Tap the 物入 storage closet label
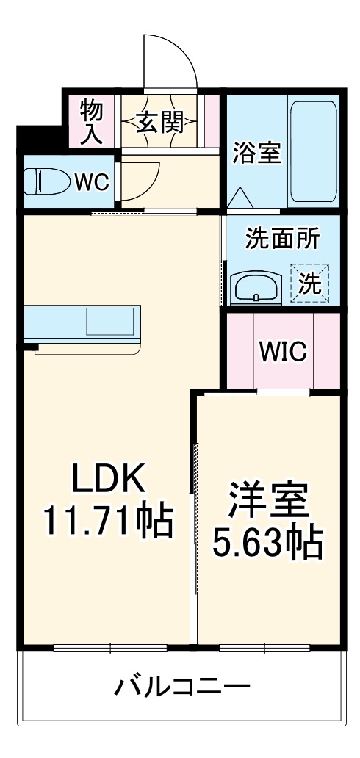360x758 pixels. point(92,121)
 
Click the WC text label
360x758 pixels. point(93,181)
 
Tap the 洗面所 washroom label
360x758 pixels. point(283,239)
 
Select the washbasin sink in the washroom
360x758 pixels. point(256,287)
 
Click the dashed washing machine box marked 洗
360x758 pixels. point(310,283)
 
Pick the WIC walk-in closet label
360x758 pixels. point(283,352)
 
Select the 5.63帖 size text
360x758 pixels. point(267,541)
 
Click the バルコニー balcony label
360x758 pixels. point(181,688)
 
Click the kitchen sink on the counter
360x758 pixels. point(111,322)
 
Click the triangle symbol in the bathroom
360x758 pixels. point(240,198)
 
